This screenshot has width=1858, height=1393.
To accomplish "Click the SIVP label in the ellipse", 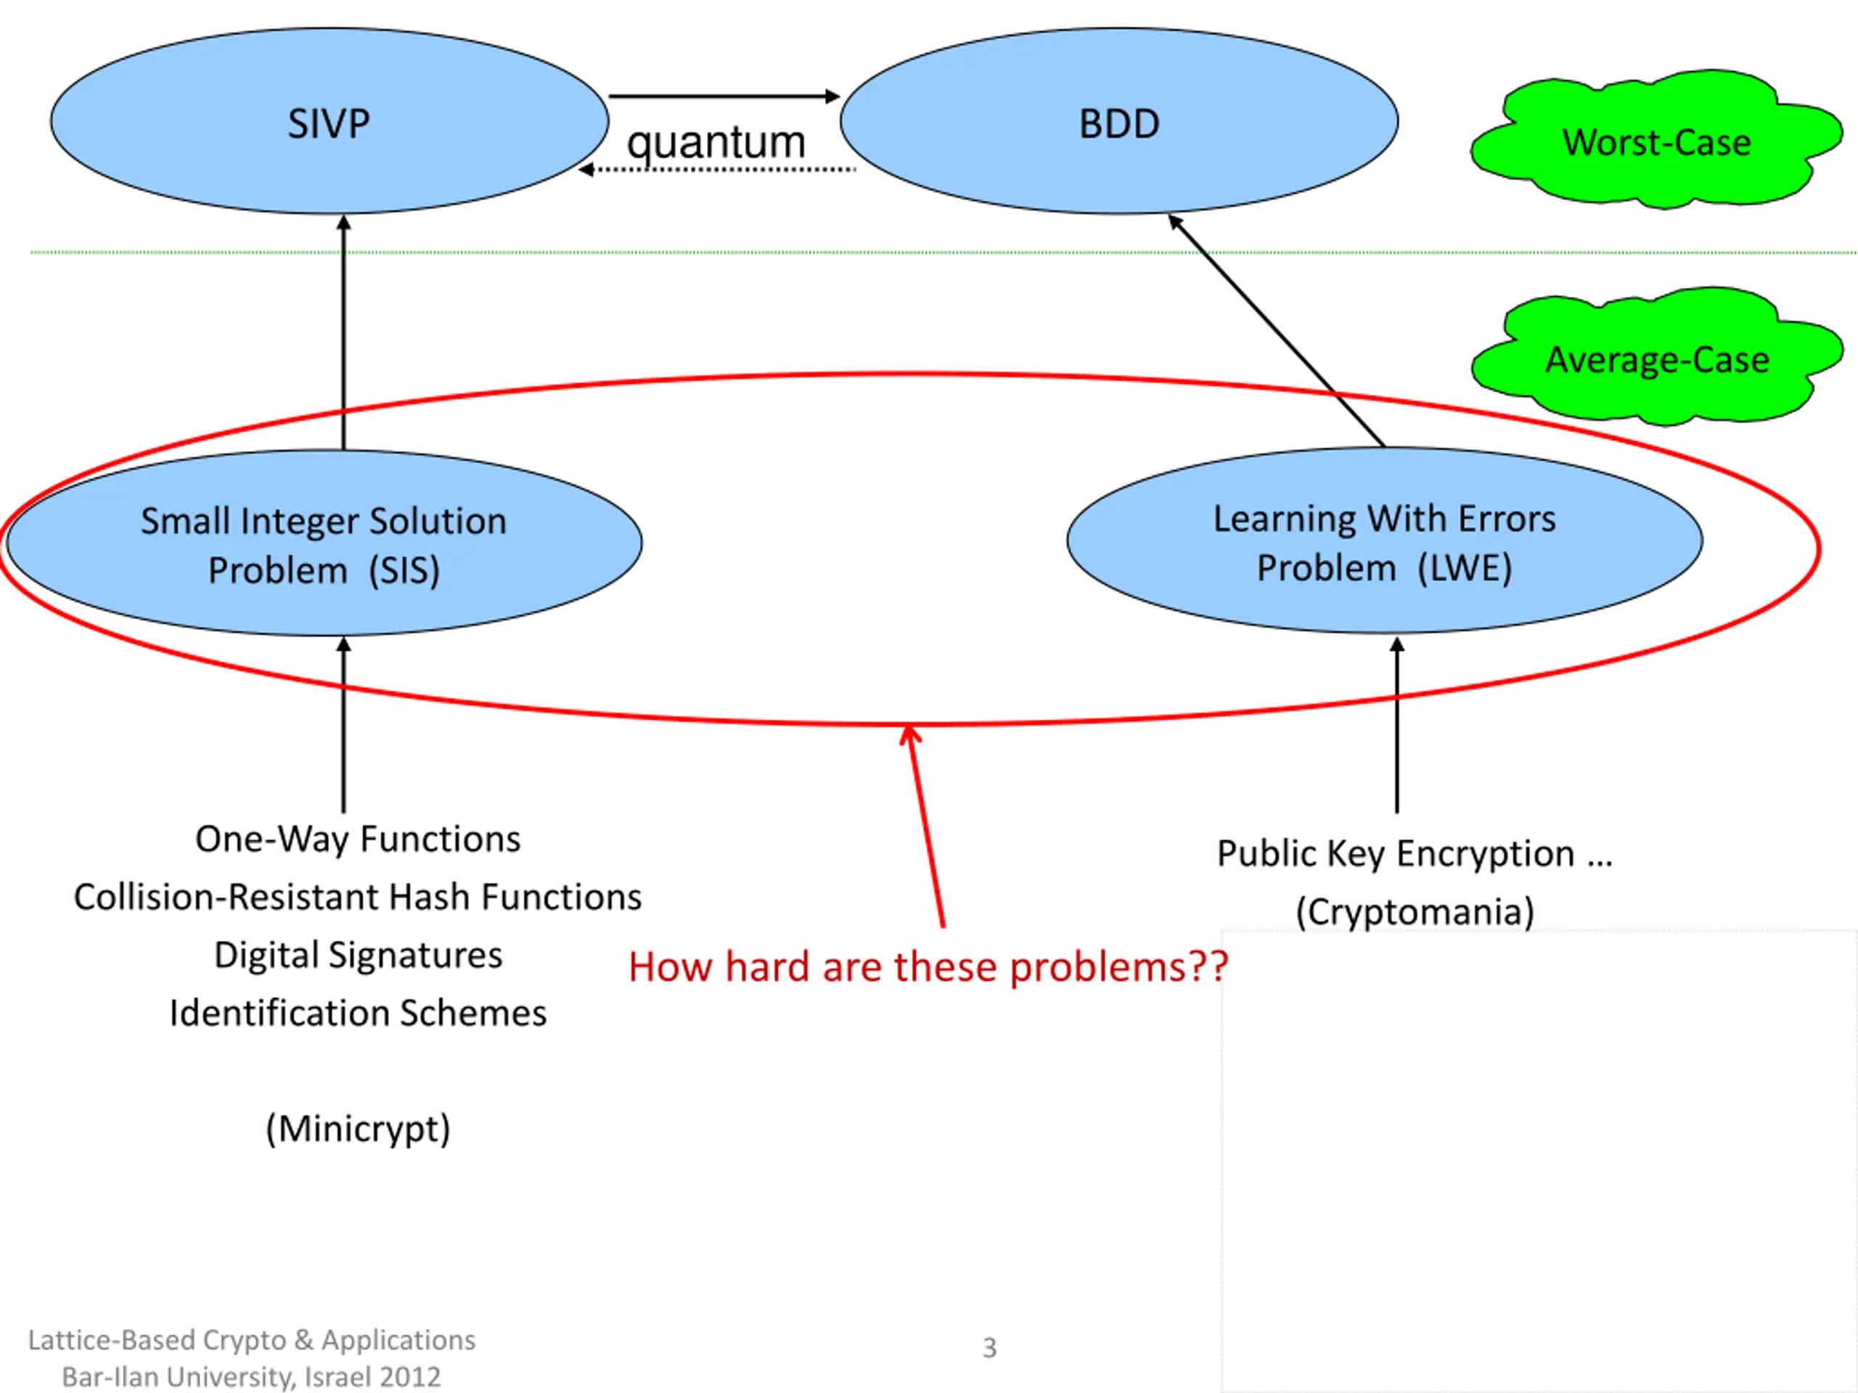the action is pos(329,124).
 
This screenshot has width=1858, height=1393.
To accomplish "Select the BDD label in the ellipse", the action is pos(1119,124).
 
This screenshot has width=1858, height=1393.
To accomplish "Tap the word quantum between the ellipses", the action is pos(716,143).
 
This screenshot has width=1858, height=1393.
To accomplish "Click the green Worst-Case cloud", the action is pos(1656,139).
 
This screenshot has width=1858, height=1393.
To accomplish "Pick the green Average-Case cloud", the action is pos(1657,357).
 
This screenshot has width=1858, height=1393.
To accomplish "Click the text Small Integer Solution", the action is pos(324,522).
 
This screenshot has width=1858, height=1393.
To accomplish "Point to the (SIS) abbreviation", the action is pos(404,571).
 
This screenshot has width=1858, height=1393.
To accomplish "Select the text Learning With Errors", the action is pos(1384,519).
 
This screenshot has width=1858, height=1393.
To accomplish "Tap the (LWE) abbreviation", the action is pos(1464,569).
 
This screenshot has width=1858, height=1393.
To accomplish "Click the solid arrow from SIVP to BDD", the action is pos(724,96).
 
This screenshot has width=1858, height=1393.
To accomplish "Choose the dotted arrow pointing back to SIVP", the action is pos(716,170).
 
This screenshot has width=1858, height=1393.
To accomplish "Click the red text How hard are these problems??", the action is pos(928,967).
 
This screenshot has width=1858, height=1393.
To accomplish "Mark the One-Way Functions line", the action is pos(358,839).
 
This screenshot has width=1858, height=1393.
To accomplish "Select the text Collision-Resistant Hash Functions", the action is pos(358,897).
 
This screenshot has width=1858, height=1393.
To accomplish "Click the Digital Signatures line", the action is pos(358,956).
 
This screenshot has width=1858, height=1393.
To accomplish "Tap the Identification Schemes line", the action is pos(358,1014).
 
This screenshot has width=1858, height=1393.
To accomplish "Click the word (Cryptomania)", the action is pos(1415,912).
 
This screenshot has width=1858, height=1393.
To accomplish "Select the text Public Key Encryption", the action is pos(1395,854).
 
